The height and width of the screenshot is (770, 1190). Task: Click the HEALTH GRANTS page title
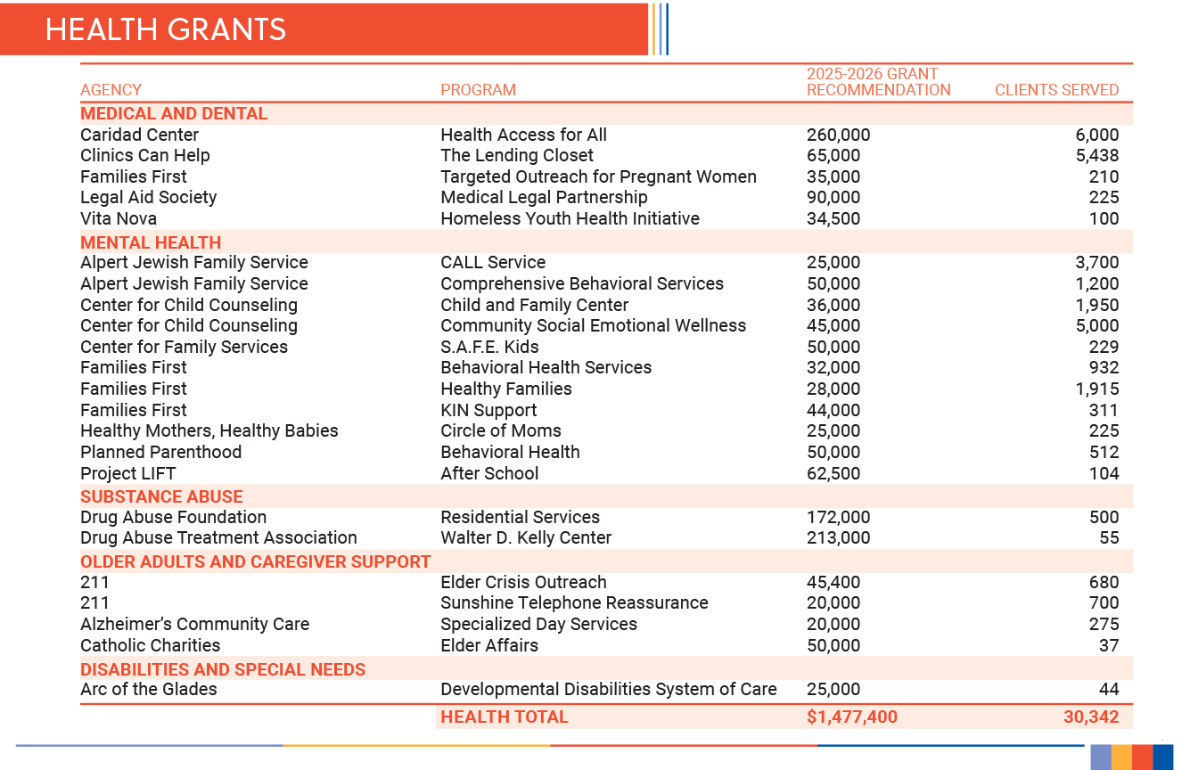(x=166, y=29)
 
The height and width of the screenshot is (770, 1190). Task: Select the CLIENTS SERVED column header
(x=1056, y=90)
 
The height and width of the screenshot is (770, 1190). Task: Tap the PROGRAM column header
(x=478, y=90)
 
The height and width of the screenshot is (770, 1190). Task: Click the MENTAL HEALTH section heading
(x=151, y=242)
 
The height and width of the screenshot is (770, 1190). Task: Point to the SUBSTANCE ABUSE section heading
(x=161, y=496)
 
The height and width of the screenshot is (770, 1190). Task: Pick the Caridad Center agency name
(x=139, y=135)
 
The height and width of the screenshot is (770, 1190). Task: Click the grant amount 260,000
(x=838, y=135)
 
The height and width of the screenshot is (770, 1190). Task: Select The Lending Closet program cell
(x=516, y=156)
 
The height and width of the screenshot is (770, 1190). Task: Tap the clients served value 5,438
(x=1096, y=156)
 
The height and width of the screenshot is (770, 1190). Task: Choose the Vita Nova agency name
(x=119, y=218)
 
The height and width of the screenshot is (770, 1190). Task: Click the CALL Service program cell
(x=493, y=262)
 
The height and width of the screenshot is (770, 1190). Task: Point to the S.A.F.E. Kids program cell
(x=489, y=347)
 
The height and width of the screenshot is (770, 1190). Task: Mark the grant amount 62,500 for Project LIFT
(x=833, y=473)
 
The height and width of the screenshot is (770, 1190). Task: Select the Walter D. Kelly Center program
(x=526, y=537)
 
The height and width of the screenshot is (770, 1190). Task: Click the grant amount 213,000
(x=838, y=537)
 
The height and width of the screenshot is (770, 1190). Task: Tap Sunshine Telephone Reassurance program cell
(x=574, y=602)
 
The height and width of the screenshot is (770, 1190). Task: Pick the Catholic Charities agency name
(x=150, y=645)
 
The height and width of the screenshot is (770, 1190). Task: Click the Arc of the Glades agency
(x=148, y=689)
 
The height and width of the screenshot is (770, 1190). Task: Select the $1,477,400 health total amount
(x=851, y=717)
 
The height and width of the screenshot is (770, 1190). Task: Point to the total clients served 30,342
(x=1090, y=717)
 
